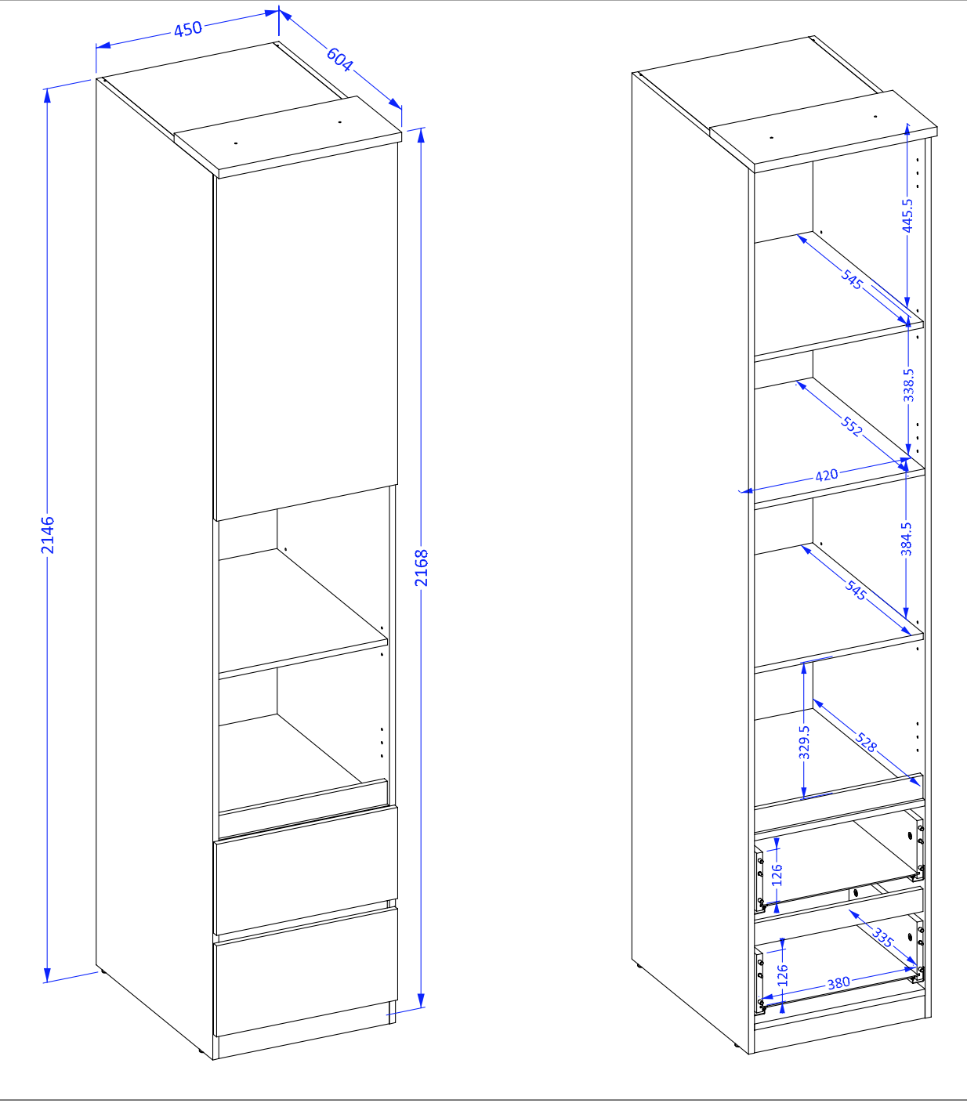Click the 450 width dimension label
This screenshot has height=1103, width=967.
point(188,29)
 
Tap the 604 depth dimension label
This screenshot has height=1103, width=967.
point(339,60)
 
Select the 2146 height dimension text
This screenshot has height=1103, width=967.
point(48,535)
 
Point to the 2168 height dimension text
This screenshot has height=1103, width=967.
point(422,568)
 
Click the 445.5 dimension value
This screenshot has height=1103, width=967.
point(907,215)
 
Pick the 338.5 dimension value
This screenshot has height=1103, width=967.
point(908,385)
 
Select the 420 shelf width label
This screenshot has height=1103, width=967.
point(827,476)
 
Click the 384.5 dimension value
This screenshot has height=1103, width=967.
point(906,539)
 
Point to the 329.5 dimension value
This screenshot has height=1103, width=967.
point(804,742)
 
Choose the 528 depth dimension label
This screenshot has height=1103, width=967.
point(866,743)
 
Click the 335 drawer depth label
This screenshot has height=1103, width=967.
point(882,938)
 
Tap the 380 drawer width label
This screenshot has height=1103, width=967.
point(838,982)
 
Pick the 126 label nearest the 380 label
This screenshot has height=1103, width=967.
point(783,975)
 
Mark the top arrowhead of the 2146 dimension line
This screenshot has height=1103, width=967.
point(47,96)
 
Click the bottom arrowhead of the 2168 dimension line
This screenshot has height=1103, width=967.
point(421,1000)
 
